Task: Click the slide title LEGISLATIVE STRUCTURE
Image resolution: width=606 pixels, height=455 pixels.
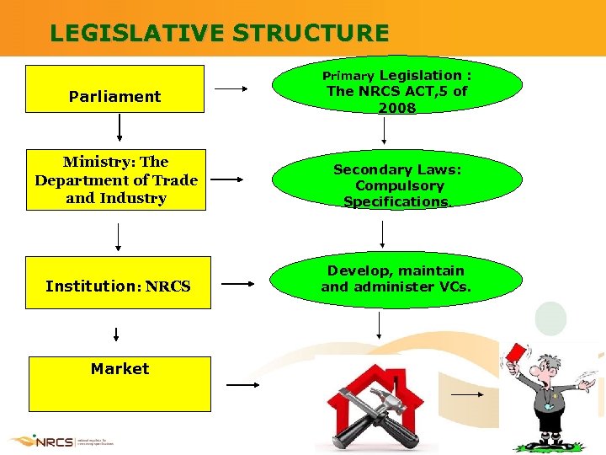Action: point(219,33)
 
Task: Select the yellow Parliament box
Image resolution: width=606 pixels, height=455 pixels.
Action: point(114,89)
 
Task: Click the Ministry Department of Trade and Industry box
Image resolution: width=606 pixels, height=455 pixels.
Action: point(116,180)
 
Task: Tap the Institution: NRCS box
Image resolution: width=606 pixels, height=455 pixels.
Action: point(118,283)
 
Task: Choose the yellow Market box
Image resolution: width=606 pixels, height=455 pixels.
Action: point(120,383)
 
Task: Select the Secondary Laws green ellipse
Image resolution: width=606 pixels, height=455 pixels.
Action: point(396,185)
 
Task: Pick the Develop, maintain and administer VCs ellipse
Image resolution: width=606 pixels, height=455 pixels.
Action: point(396,279)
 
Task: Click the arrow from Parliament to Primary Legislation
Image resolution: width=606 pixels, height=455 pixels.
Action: point(231,88)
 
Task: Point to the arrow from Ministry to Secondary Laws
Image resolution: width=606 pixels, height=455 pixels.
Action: point(229,179)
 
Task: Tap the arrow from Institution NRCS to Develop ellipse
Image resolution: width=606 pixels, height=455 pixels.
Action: point(238,285)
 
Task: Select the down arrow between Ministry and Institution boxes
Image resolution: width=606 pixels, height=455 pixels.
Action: point(118,237)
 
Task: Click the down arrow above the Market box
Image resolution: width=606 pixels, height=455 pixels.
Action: point(116,335)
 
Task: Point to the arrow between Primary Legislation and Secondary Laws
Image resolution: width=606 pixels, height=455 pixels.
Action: point(385,131)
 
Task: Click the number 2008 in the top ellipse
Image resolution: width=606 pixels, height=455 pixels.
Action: point(396,108)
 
